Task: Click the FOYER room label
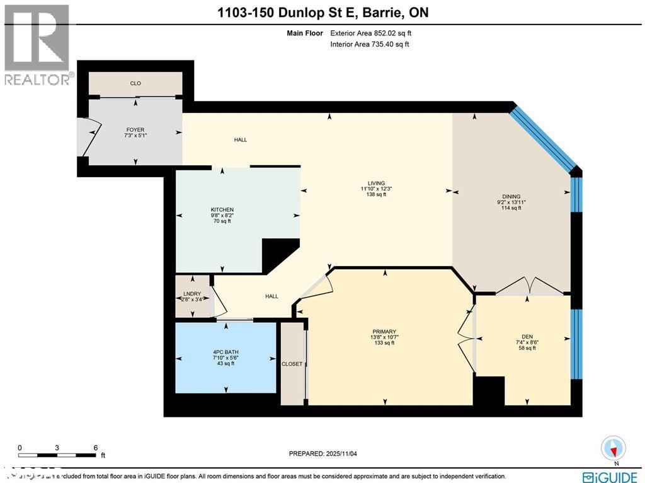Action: [x=135, y=130]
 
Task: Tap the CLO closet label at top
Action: [x=135, y=83]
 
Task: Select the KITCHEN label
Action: [x=222, y=209]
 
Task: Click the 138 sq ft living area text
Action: [x=377, y=195]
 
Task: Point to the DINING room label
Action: [x=511, y=196]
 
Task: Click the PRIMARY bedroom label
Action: [x=384, y=332]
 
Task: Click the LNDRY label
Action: [x=191, y=294]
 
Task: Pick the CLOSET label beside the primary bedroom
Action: [x=292, y=364]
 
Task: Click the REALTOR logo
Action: [x=37, y=44]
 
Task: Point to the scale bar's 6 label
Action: [x=95, y=447]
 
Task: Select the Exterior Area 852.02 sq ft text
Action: [x=370, y=33]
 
